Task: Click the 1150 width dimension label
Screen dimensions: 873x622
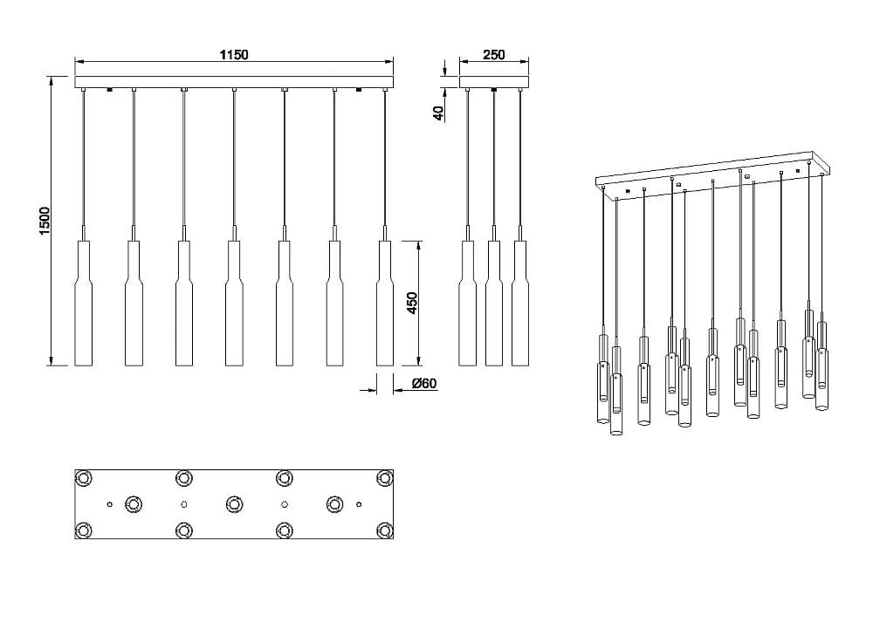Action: coord(234,54)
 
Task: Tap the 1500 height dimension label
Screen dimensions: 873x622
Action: coord(45,221)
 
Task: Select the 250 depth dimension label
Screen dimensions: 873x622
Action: coord(494,54)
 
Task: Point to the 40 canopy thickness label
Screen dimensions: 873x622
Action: coord(438,113)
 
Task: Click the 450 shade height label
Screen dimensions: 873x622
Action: coord(412,303)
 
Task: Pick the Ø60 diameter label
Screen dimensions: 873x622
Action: coord(424,383)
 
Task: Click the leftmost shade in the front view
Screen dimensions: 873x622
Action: coord(84,304)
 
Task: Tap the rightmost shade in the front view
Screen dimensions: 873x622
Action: coord(385,304)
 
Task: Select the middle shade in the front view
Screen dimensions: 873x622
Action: coord(234,304)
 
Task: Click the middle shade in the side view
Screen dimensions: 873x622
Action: coord(494,304)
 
